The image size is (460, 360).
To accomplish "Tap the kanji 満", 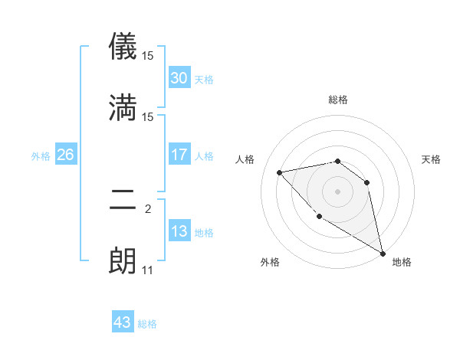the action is [123, 108].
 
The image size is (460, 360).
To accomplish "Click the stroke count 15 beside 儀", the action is [148, 56].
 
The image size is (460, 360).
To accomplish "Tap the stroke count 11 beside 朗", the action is [147, 270].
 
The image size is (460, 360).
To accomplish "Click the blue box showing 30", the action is [179, 78].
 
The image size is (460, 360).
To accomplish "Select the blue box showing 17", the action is [179, 155].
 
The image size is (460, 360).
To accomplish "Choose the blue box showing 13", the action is [179, 231].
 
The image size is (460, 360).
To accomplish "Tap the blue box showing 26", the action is [65, 155].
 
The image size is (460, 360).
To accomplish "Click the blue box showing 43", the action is [123, 322].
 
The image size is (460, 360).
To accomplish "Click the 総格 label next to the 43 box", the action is [147, 324].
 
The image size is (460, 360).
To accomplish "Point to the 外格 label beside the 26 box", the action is [41, 156].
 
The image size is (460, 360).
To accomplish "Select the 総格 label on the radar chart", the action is [338, 100].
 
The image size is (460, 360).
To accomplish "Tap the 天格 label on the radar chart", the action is [431, 159].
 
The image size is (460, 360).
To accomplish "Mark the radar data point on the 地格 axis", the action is [384, 254].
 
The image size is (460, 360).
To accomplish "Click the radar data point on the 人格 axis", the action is [280, 172].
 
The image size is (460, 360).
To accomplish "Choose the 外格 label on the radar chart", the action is [270, 263].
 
